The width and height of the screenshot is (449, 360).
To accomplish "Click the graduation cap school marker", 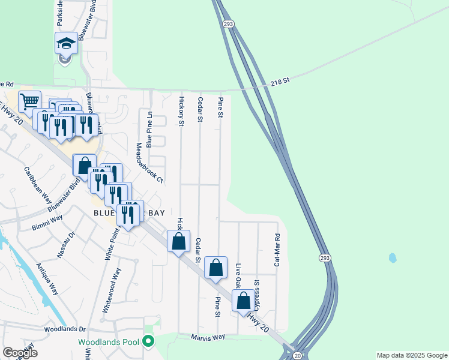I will point(66,43).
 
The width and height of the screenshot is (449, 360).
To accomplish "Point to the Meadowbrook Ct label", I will point(149,162).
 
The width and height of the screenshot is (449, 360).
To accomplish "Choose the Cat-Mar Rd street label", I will point(277,250).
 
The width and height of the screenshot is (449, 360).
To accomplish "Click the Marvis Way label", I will point(208,337).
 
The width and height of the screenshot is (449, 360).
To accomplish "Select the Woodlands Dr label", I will point(65,329).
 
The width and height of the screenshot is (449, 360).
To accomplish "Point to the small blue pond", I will point(392,258).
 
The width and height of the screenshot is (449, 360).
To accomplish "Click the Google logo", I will point(20,353).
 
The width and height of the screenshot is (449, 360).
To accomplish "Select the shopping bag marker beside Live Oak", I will point(243,299).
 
